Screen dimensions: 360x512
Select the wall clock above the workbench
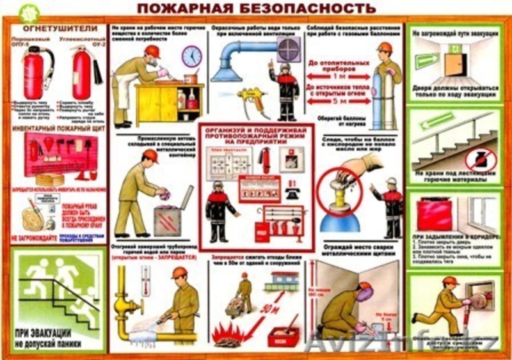tap(191, 57)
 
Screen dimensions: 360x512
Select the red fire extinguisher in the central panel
tap(264, 160)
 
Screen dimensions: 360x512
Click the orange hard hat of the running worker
tap(450, 281)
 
